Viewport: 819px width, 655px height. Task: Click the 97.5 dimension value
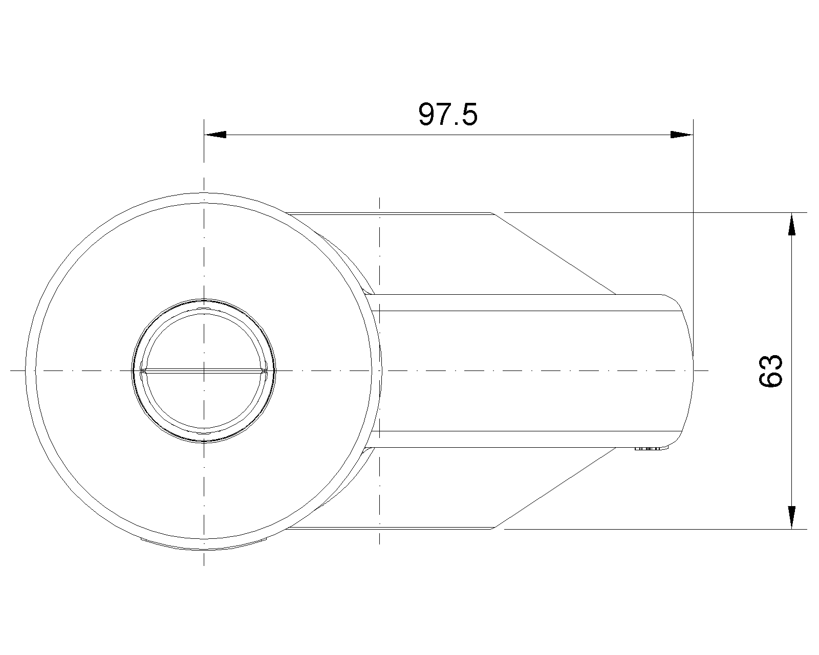448,114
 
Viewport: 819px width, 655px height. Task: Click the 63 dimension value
771,370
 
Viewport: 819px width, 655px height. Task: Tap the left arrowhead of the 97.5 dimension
215,135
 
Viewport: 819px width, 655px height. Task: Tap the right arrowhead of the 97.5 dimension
682,135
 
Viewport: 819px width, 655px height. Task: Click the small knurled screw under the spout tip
648,449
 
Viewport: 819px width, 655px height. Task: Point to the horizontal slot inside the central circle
204,370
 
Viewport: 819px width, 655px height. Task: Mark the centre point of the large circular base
204,370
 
